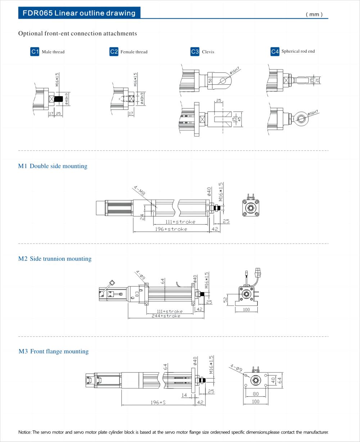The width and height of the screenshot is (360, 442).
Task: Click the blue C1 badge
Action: click(x=35, y=52)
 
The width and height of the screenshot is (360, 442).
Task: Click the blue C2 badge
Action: click(x=114, y=52)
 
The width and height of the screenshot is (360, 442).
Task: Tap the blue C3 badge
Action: click(x=195, y=52)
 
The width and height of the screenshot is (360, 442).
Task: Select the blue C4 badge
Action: click(x=275, y=52)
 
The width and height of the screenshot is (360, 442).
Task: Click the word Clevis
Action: click(x=208, y=52)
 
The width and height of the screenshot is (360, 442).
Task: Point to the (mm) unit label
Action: click(x=314, y=14)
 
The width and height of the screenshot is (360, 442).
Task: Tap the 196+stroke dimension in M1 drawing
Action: click(x=171, y=229)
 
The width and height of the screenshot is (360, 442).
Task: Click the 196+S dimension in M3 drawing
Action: click(x=158, y=402)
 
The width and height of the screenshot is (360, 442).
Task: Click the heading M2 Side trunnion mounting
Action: click(x=55, y=259)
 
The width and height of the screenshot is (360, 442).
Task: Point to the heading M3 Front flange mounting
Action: click(x=53, y=351)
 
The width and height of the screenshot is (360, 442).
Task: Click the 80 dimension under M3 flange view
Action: click(x=255, y=394)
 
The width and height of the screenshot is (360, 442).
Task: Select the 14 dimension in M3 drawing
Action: click(x=184, y=396)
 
